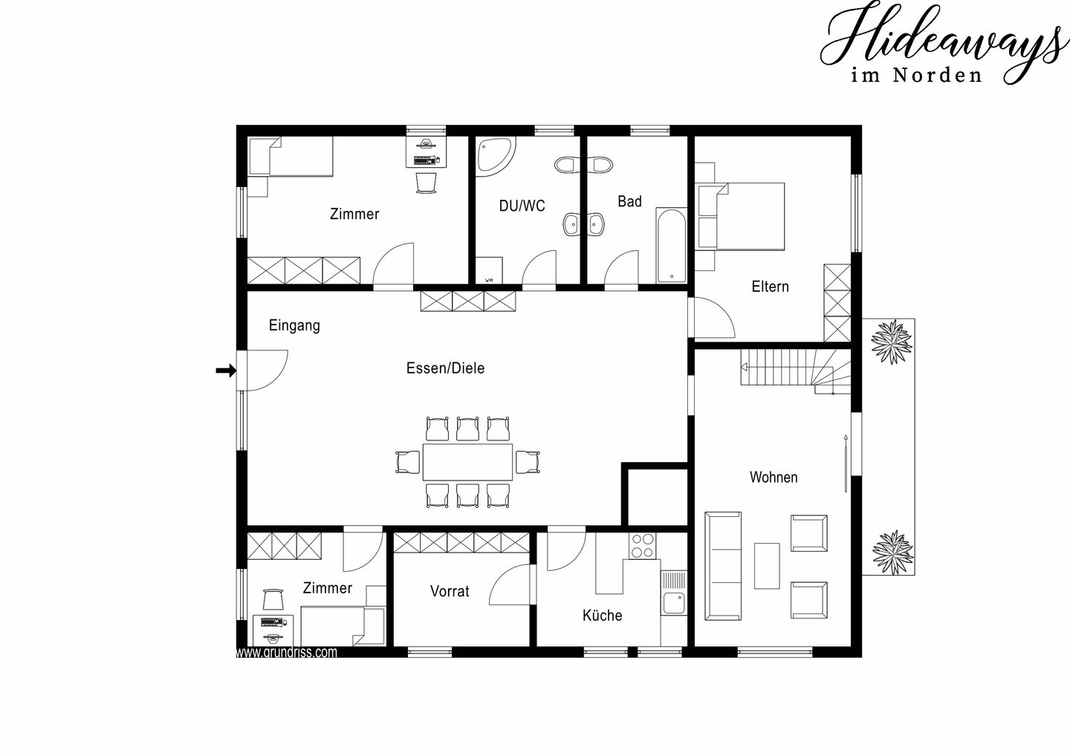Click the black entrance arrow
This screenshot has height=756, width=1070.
tap(226, 371)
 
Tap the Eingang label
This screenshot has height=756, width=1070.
tap(294, 325)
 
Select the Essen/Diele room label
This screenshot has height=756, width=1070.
tap(445, 368)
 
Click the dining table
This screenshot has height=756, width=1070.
tap(467, 462)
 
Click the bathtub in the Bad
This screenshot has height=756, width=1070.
tap(672, 245)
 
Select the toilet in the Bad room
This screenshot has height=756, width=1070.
tap(601, 165)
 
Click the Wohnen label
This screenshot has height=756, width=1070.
tap(774, 477)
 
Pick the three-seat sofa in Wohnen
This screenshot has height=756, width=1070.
tap(723, 566)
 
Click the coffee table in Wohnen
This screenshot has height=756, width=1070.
tap(767, 566)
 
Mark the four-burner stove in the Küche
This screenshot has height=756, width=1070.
tap(643, 546)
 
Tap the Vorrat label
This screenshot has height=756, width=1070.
tap(450, 591)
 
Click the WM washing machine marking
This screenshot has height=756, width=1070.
tap(489, 280)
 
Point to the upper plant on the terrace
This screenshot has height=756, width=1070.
tap(891, 342)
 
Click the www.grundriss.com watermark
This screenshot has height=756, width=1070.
tap(287, 653)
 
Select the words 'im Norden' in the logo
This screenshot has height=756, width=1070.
tap(916, 76)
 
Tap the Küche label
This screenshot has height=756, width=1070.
tap(603, 615)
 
